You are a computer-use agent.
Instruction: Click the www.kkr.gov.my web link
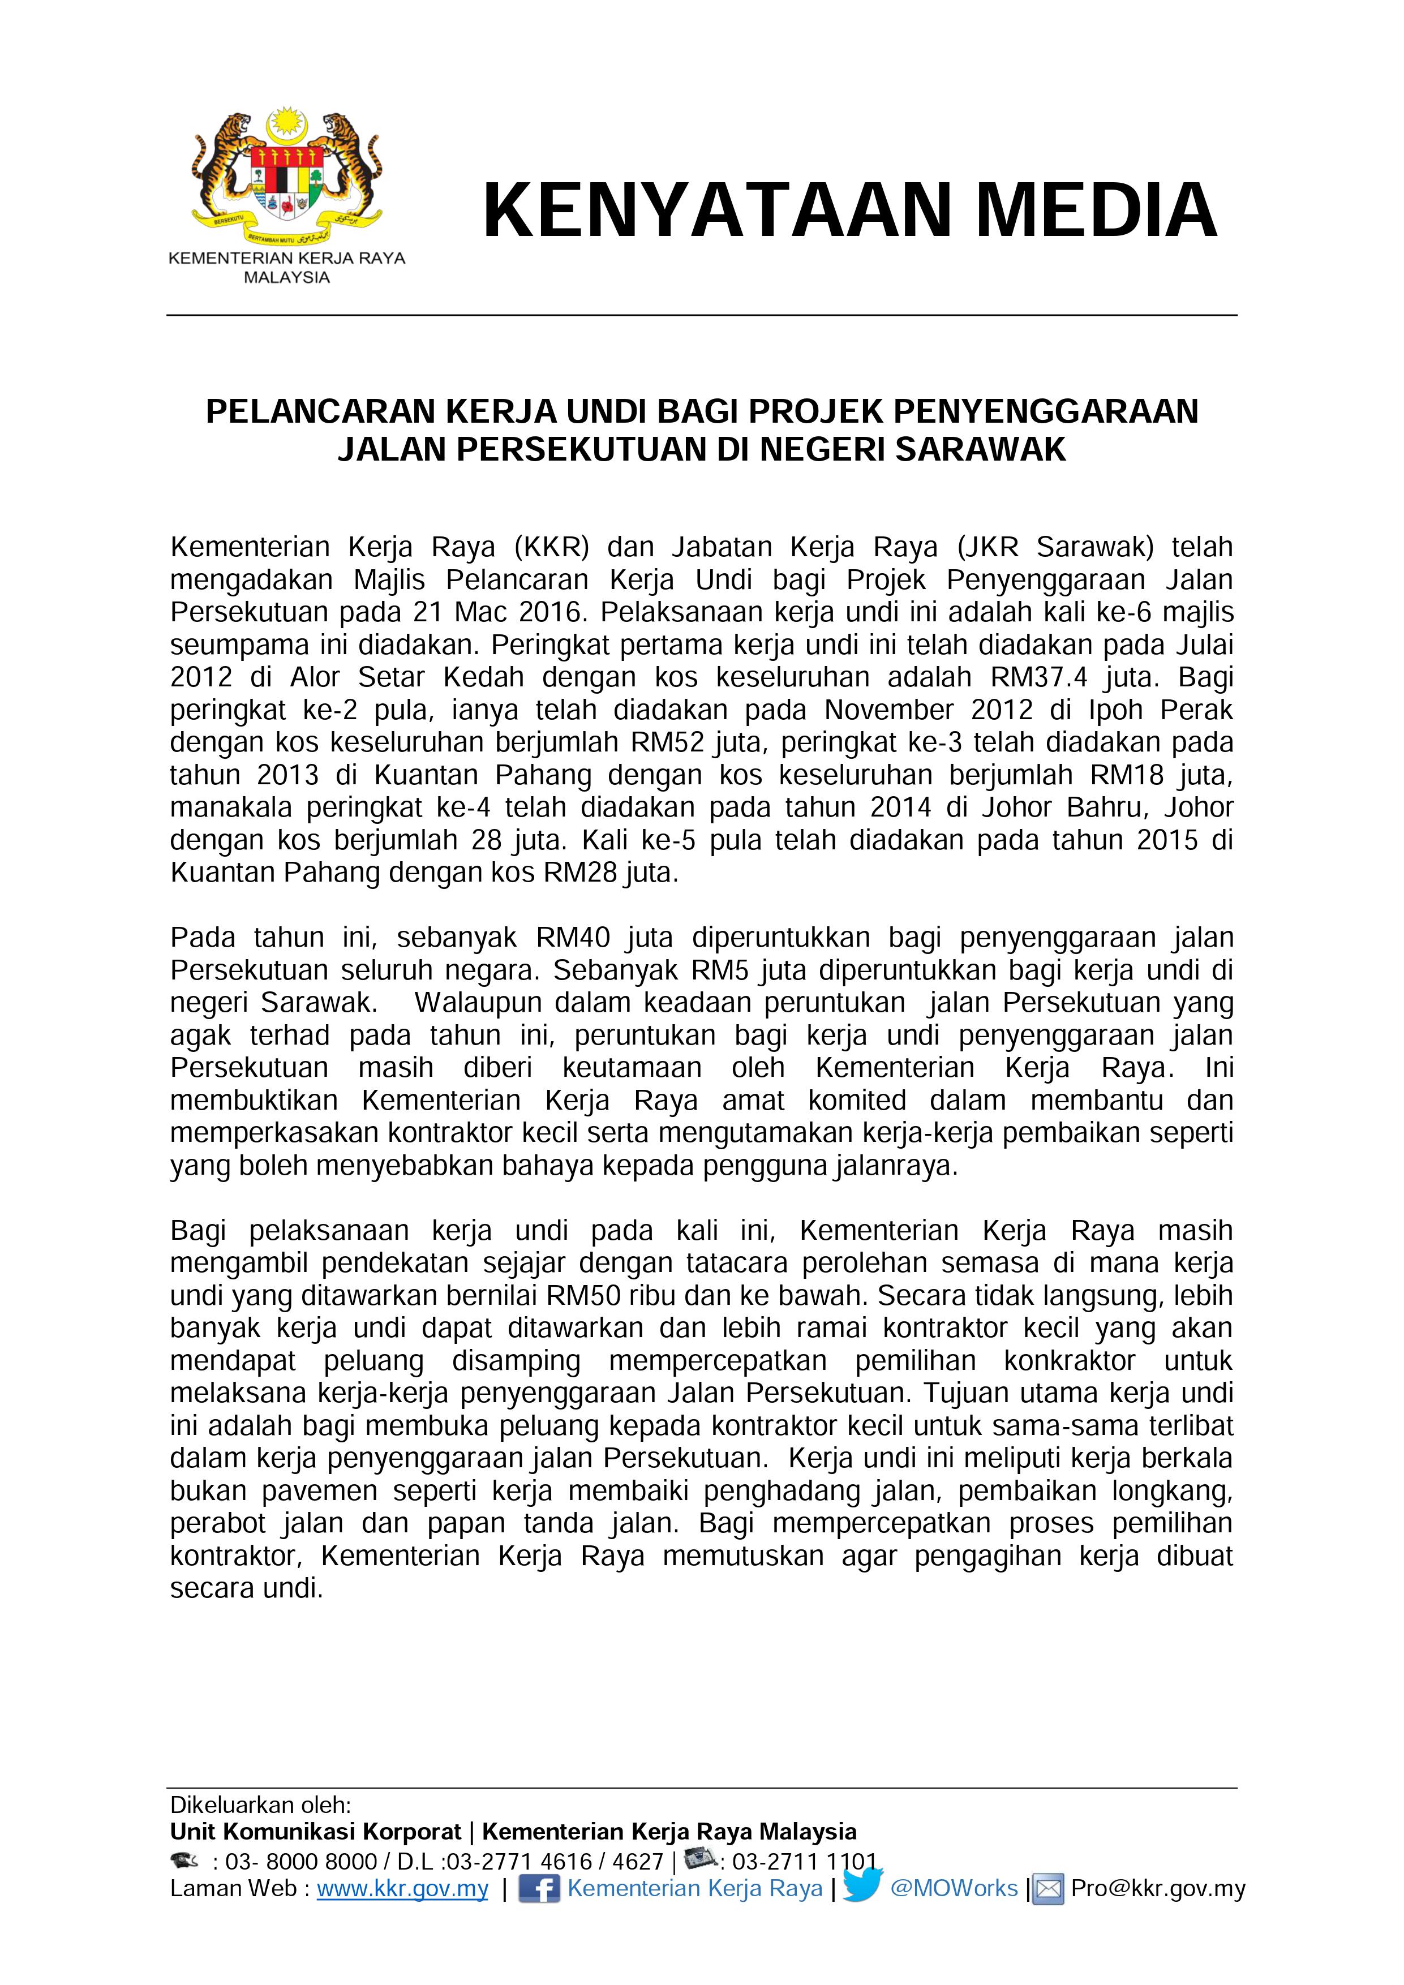click(x=402, y=1888)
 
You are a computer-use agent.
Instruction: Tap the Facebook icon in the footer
click(x=539, y=1888)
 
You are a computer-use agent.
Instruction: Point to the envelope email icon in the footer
click(x=1049, y=1890)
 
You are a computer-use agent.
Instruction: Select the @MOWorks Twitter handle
click(x=954, y=1888)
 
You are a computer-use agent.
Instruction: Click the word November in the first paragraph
click(x=888, y=710)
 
